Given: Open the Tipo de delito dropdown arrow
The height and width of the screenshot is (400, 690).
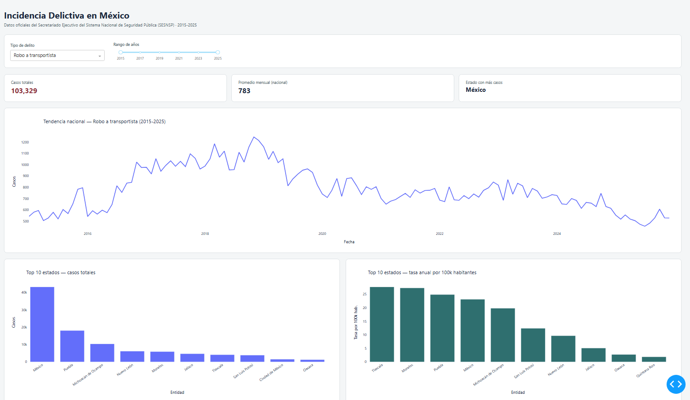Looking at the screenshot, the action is [x=99, y=56].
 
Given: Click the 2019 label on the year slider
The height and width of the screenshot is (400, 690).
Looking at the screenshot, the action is [x=159, y=58].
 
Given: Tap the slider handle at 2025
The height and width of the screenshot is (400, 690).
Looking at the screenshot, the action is [x=218, y=53].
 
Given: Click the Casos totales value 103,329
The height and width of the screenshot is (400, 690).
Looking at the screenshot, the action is [x=24, y=91].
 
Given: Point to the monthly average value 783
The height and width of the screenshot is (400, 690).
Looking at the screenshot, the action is [x=244, y=91].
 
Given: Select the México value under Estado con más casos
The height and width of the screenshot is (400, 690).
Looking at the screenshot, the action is [x=475, y=90].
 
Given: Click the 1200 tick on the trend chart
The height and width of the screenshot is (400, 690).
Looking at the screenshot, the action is [x=25, y=142].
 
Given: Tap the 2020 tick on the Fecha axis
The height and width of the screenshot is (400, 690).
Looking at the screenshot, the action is [x=322, y=234].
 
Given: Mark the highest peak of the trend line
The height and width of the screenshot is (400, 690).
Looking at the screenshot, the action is [x=254, y=137].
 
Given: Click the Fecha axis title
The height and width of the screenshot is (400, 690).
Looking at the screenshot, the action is [x=349, y=242].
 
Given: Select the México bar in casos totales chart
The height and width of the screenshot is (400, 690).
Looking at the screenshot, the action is [x=42, y=324].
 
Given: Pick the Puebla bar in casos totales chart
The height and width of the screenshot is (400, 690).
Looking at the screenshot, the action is [x=72, y=346].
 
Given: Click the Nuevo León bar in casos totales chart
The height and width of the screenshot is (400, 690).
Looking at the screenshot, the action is [x=132, y=356].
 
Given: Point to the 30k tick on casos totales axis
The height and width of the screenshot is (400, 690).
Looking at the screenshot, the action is [x=24, y=309].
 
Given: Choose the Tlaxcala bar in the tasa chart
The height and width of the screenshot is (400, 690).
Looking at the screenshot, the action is [x=382, y=324].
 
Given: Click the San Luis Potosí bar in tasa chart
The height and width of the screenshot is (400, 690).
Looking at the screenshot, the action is [x=533, y=345].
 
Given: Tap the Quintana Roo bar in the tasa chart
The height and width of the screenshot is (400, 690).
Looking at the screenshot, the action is [x=654, y=359].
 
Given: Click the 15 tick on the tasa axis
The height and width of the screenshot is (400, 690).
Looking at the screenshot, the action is [x=365, y=321].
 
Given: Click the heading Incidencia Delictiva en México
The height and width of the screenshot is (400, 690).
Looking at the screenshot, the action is [x=67, y=15].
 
